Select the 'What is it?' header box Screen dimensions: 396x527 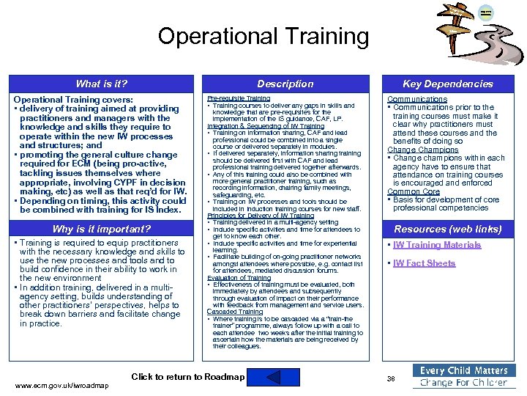tap(102, 84)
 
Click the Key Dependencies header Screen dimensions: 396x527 tap(448, 84)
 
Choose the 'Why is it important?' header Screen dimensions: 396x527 tap(102, 229)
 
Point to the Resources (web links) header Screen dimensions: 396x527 tap(448, 229)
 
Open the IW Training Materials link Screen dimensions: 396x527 tap(437, 245)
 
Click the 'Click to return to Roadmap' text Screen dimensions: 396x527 tap(187, 377)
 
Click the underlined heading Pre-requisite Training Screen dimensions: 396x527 tap(239, 98)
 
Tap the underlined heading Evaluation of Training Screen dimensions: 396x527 tap(239, 278)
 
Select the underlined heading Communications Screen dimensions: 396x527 tap(416, 99)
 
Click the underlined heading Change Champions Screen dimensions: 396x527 tap(422, 150)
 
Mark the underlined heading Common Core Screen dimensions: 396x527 tap(414, 191)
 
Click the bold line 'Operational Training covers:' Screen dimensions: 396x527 tap(73, 100)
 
